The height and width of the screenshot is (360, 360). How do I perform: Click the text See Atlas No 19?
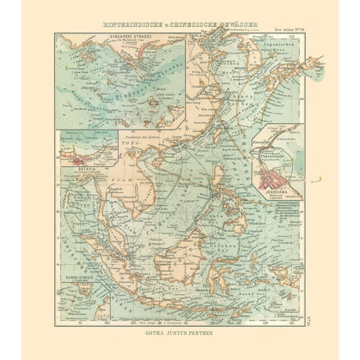point(289,29)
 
